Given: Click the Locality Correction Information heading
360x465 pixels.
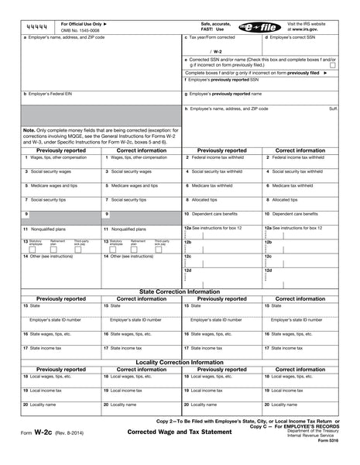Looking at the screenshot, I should [x=180, y=362].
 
